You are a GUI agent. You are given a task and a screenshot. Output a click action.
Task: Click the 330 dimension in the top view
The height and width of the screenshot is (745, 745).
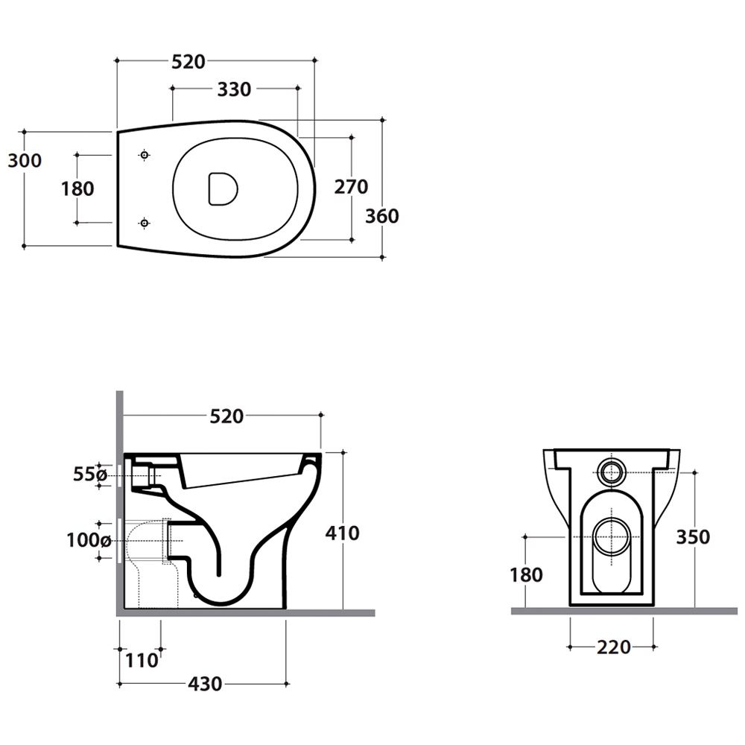click(x=234, y=89)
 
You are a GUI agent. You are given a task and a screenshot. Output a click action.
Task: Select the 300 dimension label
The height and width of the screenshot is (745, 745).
click(x=25, y=161)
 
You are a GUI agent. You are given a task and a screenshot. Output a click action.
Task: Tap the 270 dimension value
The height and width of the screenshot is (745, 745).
click(x=351, y=187)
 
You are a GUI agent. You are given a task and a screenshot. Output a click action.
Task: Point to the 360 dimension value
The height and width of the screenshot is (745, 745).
click(x=382, y=216)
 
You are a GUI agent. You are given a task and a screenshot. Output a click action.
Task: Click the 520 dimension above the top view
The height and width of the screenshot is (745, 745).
click(x=188, y=62)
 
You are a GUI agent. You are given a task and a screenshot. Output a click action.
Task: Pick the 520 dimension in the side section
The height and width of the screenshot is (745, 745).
click(x=226, y=416)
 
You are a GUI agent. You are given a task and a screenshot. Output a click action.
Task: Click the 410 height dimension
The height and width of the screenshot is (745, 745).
click(x=342, y=533)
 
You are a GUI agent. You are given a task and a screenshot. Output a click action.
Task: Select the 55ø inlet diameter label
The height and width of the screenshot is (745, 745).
click(x=90, y=474)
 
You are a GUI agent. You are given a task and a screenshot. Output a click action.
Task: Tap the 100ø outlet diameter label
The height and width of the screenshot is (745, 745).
click(x=89, y=540)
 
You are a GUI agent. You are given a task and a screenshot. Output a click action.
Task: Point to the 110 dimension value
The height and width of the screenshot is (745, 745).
click(x=142, y=660)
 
